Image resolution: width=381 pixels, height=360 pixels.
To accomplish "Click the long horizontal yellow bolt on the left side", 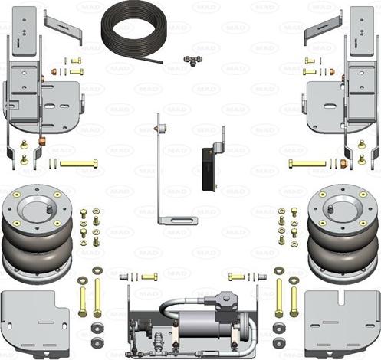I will click(77, 163).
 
